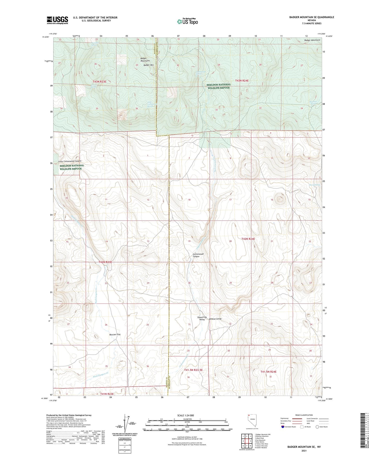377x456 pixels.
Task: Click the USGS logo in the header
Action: click(57, 20)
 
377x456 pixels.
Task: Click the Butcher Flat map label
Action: click(115, 334)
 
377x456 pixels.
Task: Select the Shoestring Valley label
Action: click(202, 318)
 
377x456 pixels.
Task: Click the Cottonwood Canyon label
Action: click(198, 255)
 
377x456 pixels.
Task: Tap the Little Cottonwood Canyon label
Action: click(70, 161)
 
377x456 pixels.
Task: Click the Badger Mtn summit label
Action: click(148, 65)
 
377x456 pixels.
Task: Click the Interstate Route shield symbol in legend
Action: click(283, 427)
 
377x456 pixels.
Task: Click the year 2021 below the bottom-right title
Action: click(304, 451)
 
